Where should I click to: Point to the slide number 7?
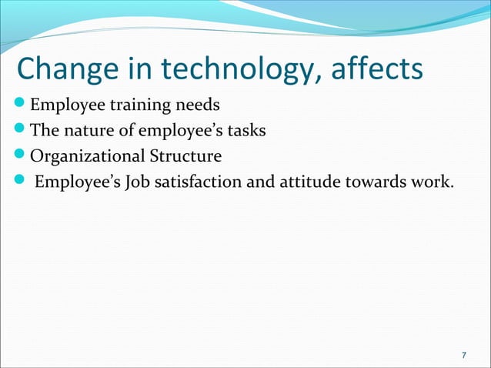click(463, 355)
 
